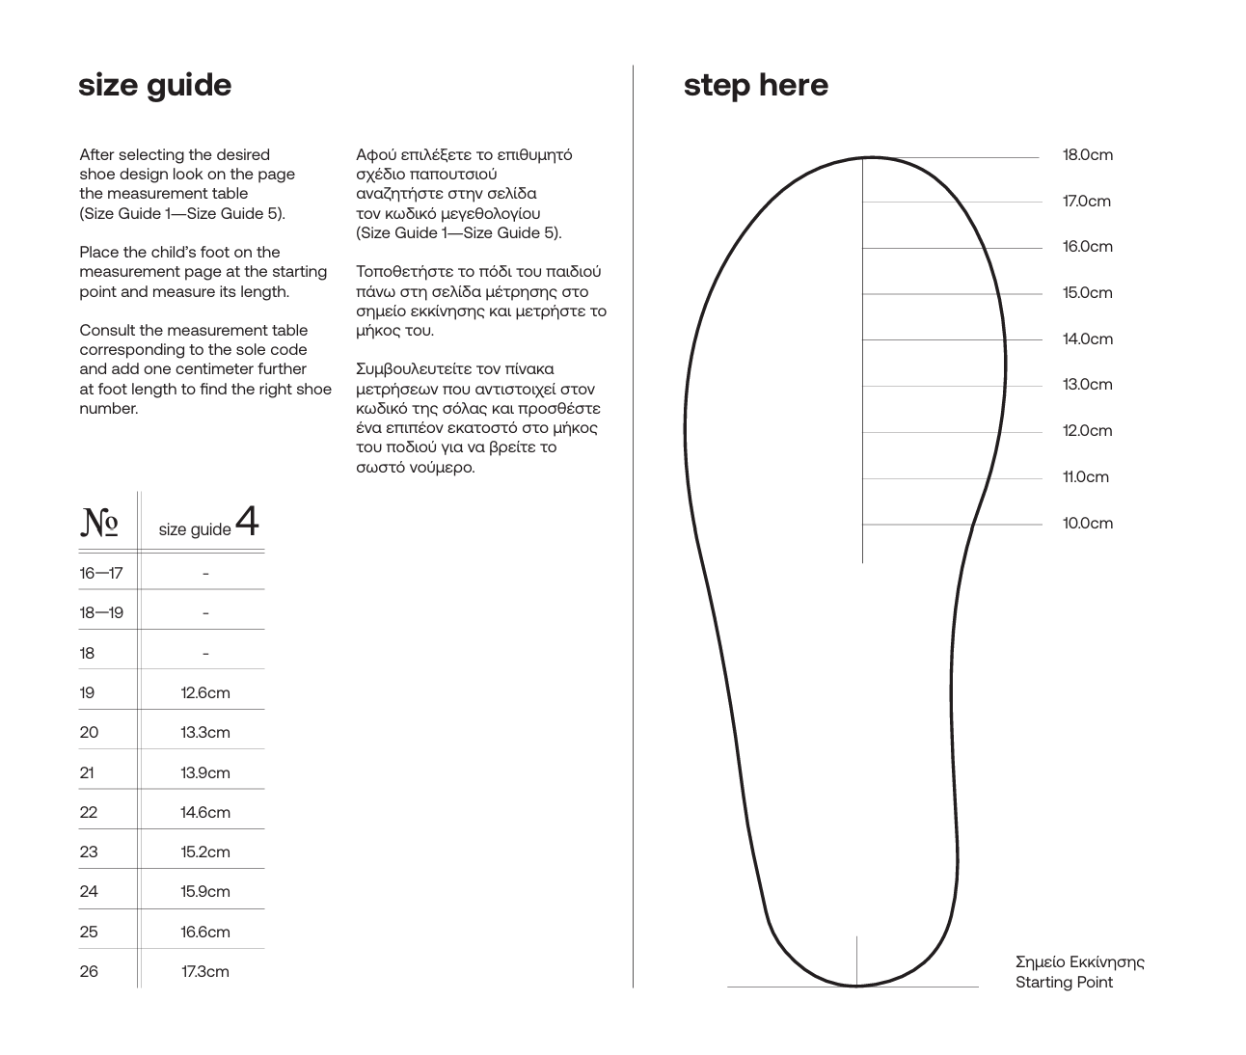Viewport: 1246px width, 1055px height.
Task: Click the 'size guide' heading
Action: tap(154, 86)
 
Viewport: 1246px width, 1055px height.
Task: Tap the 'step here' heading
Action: tap(755, 86)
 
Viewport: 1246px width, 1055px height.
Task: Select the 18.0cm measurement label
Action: tap(1087, 155)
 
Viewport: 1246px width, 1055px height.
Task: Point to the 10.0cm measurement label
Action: tap(1087, 524)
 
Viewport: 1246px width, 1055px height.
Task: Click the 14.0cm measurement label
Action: tap(1087, 339)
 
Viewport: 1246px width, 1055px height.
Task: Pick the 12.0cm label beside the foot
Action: tap(1087, 431)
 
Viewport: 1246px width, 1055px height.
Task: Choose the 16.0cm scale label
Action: tap(1087, 247)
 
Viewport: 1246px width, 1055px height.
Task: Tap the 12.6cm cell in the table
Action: tap(205, 693)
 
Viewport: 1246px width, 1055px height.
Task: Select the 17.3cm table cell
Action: tap(205, 972)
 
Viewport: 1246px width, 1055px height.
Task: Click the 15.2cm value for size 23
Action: tap(205, 852)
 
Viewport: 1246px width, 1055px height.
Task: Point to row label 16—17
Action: tap(101, 574)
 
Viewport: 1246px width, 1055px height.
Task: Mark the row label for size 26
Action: tap(89, 972)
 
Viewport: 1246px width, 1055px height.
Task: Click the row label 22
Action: tap(89, 813)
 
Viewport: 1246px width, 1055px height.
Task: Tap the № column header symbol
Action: tap(99, 522)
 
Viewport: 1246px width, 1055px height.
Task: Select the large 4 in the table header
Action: tap(247, 522)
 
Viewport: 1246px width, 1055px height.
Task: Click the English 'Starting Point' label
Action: tap(1064, 983)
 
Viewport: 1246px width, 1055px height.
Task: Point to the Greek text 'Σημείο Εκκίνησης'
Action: tap(1079, 962)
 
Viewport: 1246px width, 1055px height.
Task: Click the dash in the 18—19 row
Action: tap(205, 613)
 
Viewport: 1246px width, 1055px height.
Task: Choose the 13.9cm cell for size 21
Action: tap(205, 773)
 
